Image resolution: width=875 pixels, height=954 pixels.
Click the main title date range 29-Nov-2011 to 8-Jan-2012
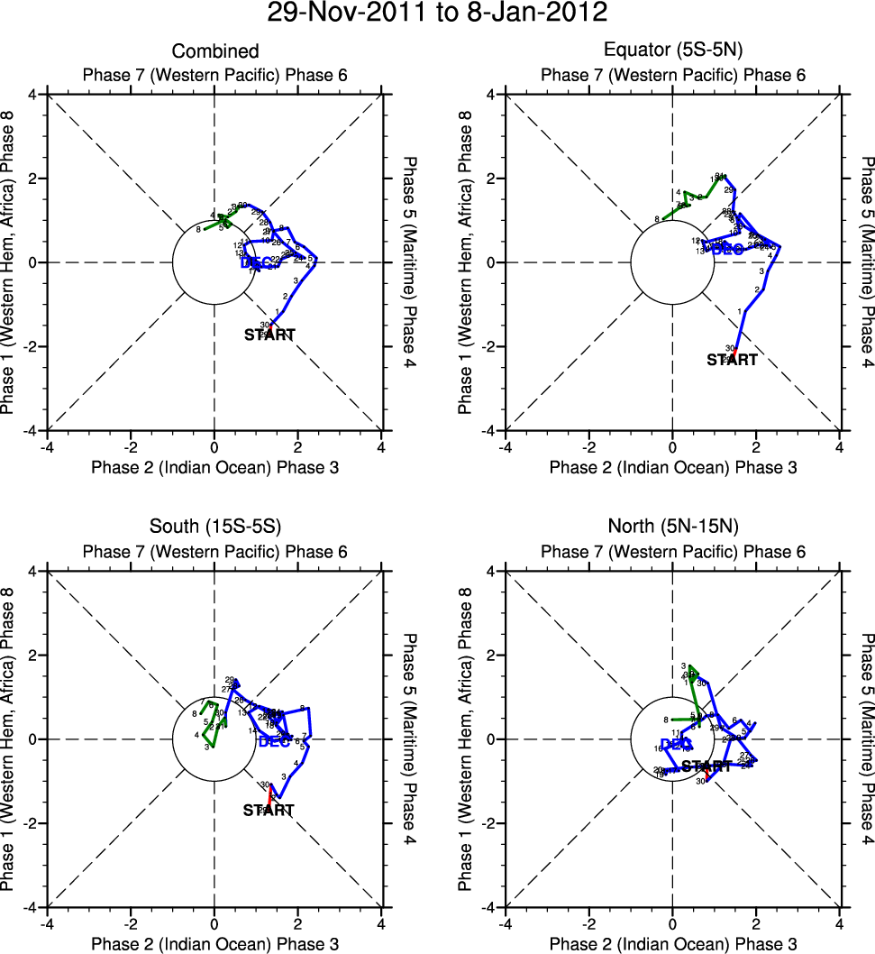point(437,14)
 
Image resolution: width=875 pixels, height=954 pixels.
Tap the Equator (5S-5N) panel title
point(673,51)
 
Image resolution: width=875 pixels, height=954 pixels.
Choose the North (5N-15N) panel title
point(673,528)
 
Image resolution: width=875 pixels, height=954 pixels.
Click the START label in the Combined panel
point(269,335)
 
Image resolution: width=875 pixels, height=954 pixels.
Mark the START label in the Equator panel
point(732,359)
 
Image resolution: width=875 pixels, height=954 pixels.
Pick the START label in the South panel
point(269,811)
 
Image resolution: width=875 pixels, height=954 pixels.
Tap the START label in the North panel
point(706,766)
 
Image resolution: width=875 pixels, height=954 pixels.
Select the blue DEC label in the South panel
point(274,741)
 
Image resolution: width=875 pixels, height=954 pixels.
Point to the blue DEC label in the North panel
point(676,744)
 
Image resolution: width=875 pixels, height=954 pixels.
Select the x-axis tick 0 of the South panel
point(214,923)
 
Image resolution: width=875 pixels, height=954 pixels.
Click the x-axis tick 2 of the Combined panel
point(298,446)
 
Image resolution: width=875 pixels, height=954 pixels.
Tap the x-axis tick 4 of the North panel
point(840,923)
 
